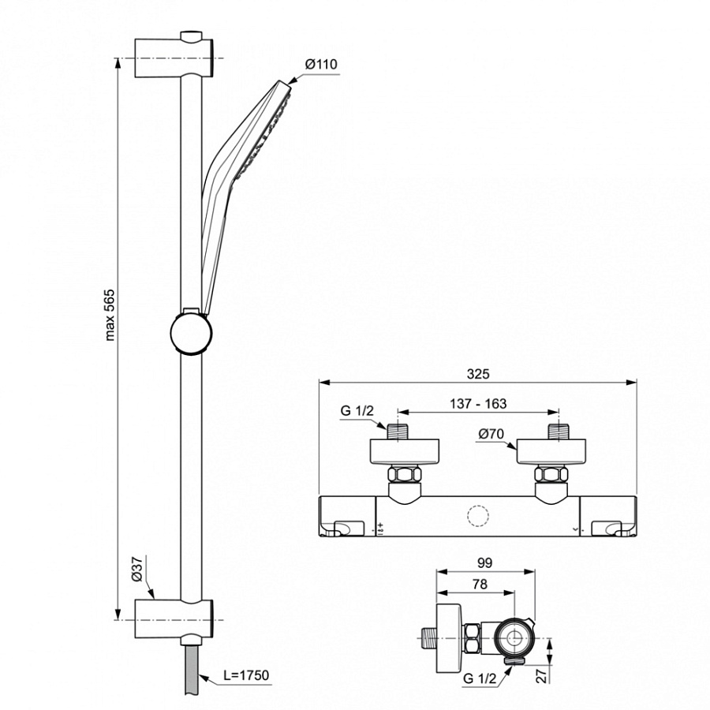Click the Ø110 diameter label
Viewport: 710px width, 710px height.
pos(322,65)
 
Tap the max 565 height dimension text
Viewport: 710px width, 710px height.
pos(110,315)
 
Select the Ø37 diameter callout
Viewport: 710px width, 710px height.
pos(136,569)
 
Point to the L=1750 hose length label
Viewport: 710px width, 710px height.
pos(246,675)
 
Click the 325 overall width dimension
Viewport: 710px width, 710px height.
pos(478,374)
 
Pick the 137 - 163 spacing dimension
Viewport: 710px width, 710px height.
pos(478,403)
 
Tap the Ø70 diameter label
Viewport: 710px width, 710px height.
pos(491,434)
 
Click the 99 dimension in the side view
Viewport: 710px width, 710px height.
pos(485,562)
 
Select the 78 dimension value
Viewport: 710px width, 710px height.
pos(480,584)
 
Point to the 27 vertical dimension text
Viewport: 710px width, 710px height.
pos(542,676)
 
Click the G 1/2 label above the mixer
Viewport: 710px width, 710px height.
pos(357,411)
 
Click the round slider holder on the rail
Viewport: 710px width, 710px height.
pos(191,334)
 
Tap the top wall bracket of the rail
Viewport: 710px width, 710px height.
pos(174,57)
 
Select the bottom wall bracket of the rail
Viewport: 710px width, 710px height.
pos(174,619)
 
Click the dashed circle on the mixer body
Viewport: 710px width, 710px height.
pos(478,516)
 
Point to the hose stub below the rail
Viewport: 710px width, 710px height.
pos(192,670)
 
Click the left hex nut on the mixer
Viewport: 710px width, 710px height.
pos(405,475)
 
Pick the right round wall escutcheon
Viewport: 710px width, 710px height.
pos(551,452)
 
